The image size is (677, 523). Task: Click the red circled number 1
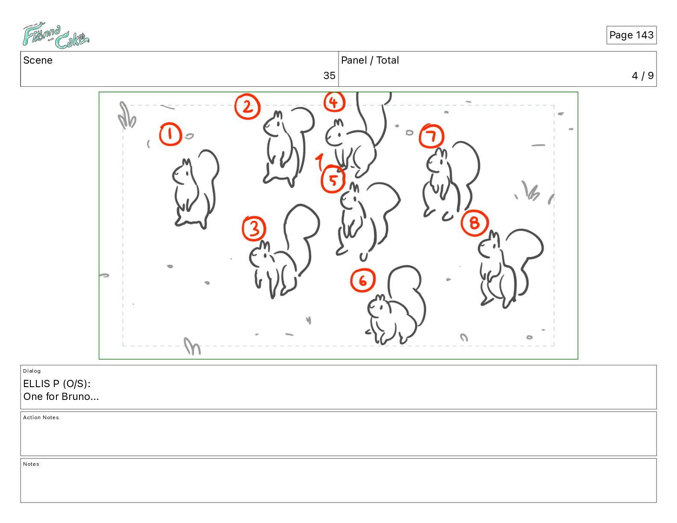(x=171, y=134)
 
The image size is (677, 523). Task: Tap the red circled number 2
(x=247, y=106)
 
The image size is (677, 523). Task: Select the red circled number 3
(x=254, y=229)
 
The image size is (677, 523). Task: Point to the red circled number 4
(x=334, y=102)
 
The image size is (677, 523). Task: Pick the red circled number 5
(x=333, y=180)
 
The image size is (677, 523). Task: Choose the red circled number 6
(x=362, y=280)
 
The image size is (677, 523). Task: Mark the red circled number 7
(x=432, y=136)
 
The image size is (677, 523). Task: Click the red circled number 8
(x=475, y=223)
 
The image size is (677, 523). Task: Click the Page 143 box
(x=631, y=35)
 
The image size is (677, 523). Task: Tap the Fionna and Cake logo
(x=56, y=35)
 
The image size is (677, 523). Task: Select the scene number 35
(x=329, y=75)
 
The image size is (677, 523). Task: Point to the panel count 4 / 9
(x=642, y=76)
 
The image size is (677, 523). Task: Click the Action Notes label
(x=41, y=417)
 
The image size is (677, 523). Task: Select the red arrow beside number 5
(x=320, y=162)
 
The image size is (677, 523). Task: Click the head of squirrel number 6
(x=378, y=306)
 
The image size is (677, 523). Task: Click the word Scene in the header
(x=38, y=60)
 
